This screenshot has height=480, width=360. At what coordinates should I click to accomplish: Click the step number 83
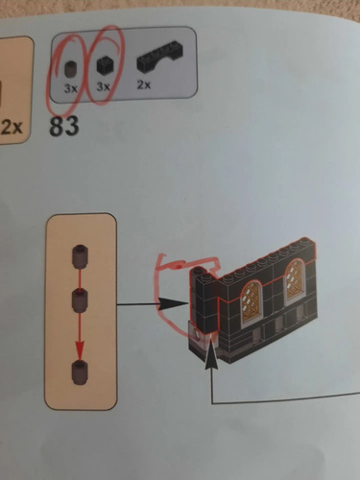click(x=64, y=126)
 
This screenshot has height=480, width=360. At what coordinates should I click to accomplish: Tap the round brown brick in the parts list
click(x=70, y=68)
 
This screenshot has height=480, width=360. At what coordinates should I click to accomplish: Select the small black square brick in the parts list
click(x=104, y=66)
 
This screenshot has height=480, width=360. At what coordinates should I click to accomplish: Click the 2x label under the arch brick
click(x=144, y=85)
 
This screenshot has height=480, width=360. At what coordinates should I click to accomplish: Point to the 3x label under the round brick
click(x=71, y=88)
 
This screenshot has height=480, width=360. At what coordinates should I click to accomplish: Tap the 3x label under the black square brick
click(x=103, y=86)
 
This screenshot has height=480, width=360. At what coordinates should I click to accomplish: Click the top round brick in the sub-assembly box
click(x=80, y=254)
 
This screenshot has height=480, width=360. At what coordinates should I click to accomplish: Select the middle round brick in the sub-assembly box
click(x=80, y=300)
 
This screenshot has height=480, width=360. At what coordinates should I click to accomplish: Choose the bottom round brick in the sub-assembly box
click(x=80, y=372)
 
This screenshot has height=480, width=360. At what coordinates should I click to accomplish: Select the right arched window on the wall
click(x=295, y=280)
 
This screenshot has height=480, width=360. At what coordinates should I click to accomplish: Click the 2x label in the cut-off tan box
click(x=12, y=128)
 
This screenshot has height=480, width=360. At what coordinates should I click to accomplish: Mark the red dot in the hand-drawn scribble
click(x=180, y=266)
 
